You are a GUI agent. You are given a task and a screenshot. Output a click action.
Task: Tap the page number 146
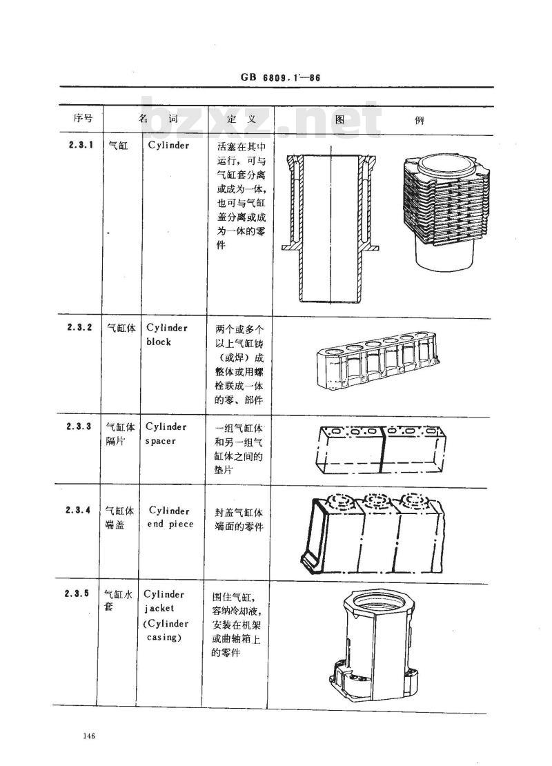[88, 737]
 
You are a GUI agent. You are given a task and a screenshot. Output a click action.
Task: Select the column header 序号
[82, 119]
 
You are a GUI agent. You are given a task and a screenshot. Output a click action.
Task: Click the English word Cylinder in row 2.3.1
[168, 146]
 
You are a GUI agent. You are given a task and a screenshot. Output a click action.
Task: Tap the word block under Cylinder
[159, 342]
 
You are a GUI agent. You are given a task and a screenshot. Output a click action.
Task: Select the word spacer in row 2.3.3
[161, 440]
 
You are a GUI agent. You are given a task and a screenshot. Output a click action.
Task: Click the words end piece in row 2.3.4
[170, 524]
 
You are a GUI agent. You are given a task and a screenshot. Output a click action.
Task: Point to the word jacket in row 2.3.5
[159, 608]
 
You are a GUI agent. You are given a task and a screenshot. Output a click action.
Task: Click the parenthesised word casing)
[164, 637]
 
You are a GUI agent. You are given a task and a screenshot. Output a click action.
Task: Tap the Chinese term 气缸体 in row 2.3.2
[117, 328]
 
